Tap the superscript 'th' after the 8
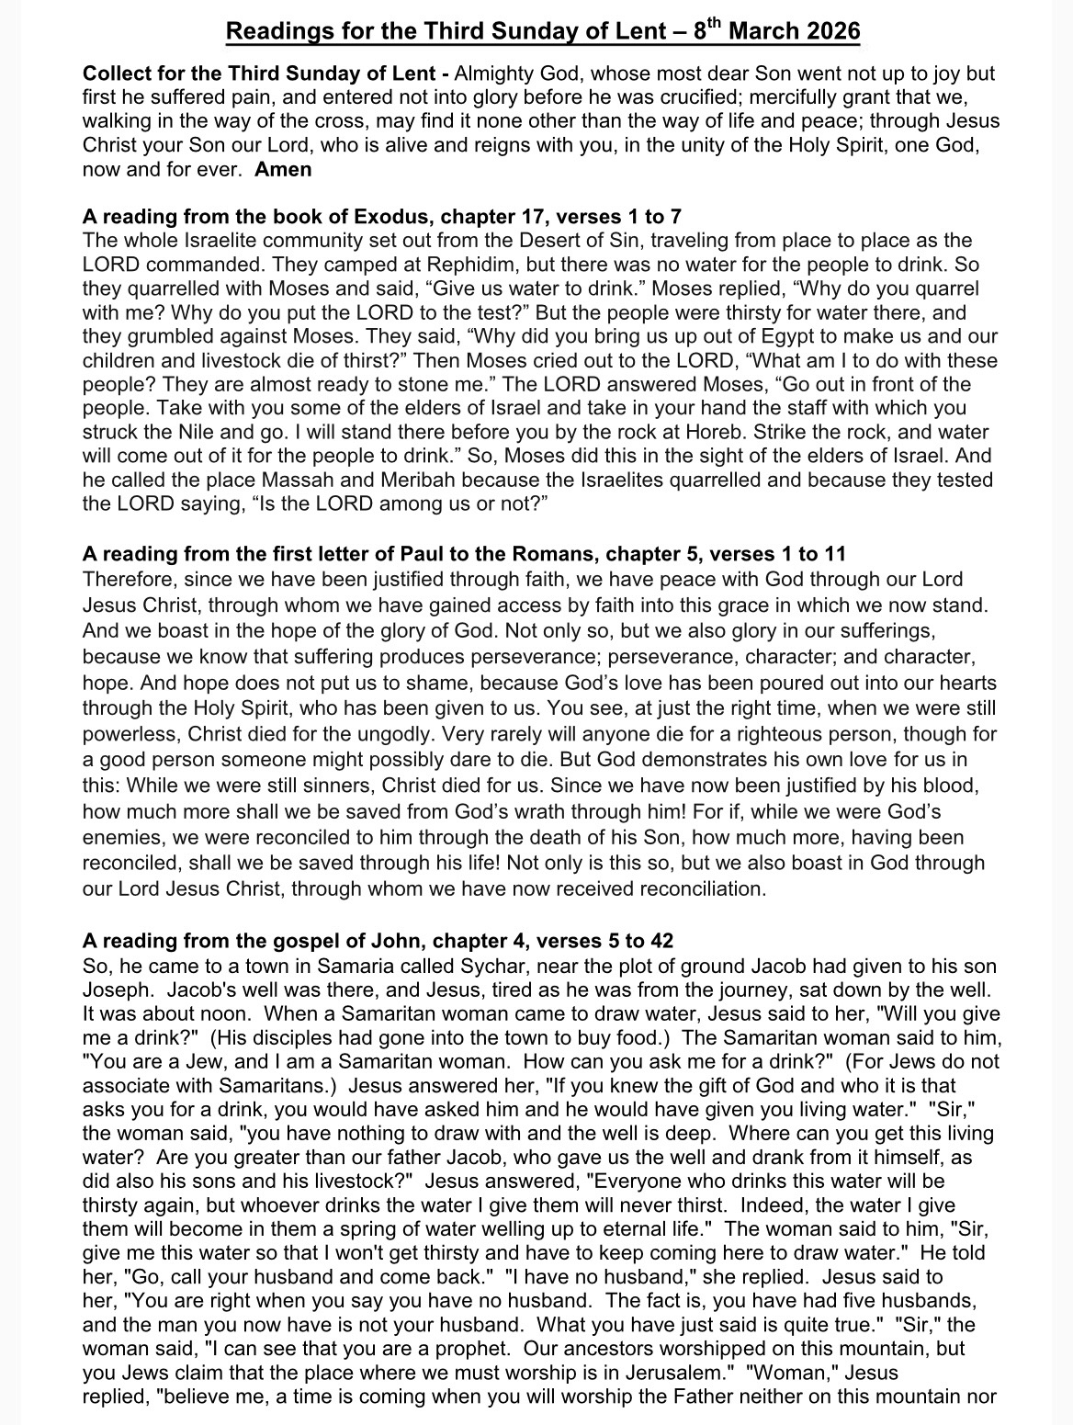tap(712, 23)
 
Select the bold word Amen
tap(283, 169)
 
